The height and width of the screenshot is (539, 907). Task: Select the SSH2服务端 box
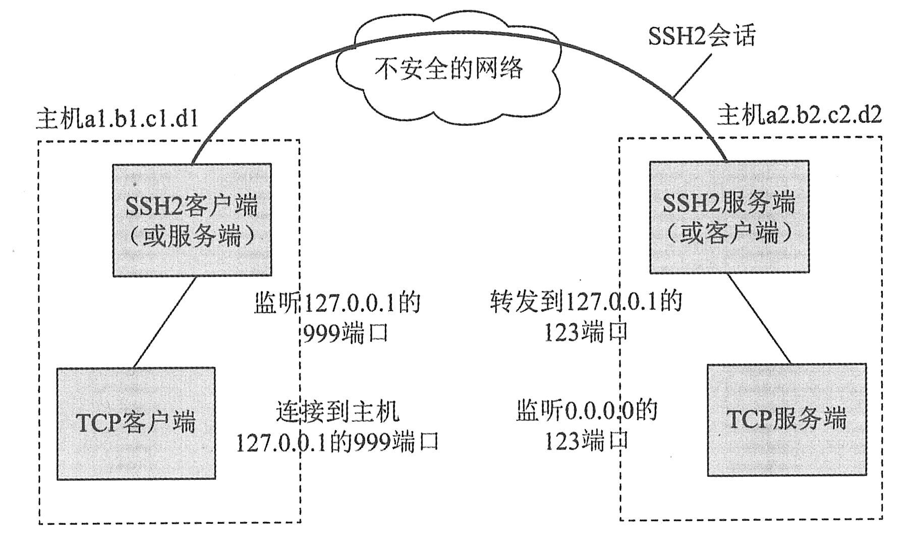[729, 202]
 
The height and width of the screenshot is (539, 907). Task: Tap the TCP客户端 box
[136, 423]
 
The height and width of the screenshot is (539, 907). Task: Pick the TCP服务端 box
[786, 420]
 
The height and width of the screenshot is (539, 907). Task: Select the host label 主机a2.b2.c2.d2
[799, 115]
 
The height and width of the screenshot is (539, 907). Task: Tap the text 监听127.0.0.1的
[337, 303]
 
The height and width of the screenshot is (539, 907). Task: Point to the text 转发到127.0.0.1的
[585, 302]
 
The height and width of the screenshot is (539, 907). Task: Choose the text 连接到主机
[337, 412]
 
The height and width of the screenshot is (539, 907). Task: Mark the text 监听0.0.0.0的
[587, 411]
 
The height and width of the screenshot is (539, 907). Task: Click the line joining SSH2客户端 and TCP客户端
[164, 322]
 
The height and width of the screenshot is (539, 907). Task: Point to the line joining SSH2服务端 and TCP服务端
[759, 318]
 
